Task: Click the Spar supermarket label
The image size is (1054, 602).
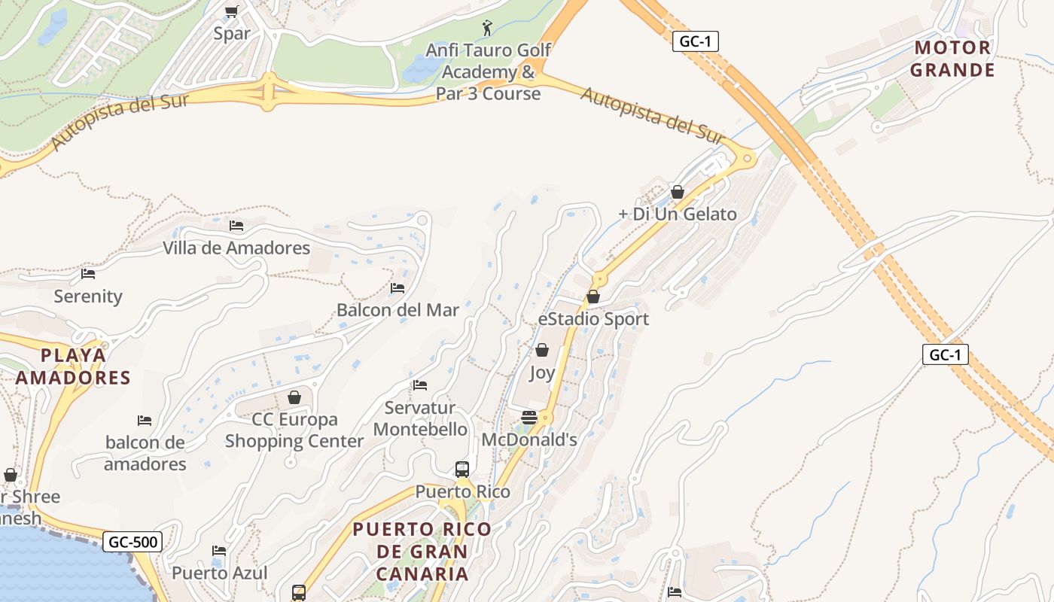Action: point(231,33)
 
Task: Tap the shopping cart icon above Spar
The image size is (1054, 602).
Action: point(231,12)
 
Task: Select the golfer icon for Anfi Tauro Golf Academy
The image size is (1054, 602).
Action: point(488,29)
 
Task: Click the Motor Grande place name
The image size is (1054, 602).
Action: point(952,59)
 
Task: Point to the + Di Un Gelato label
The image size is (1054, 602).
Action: point(677,214)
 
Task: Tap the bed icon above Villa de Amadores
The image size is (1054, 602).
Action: point(236,226)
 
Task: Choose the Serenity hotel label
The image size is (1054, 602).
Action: point(88,296)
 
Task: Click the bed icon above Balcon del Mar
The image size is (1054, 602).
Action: point(398,288)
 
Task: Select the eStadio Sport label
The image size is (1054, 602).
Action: point(593,319)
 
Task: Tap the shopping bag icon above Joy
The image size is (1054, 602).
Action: point(541,350)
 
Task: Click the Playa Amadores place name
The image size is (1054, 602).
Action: point(73,366)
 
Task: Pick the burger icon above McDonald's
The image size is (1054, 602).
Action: point(529,418)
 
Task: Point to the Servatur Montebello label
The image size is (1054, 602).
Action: point(420,418)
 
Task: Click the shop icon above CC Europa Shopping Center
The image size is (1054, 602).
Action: point(294,397)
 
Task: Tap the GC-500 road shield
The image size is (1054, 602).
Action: point(133,542)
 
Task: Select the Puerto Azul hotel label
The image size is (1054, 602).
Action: point(219,573)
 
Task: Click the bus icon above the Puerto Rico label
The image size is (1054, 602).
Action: point(462,470)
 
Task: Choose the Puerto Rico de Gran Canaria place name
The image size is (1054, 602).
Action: point(422,551)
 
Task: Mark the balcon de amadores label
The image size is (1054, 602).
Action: point(145,453)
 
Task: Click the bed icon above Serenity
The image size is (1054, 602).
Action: point(88,274)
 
